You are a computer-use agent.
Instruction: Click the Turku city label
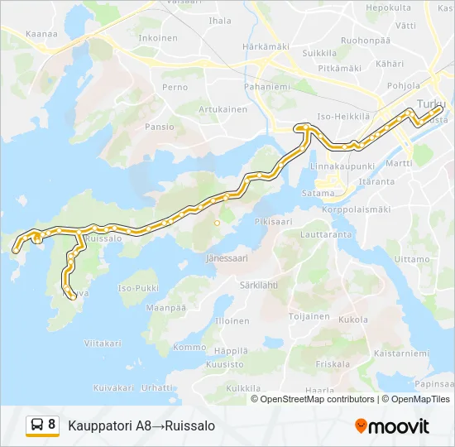tap(431, 103)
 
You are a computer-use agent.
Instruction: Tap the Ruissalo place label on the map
tap(104, 238)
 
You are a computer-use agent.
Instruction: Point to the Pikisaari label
tap(274, 222)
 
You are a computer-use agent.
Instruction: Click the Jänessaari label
tap(227, 258)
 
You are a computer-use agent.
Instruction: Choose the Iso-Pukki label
tap(138, 288)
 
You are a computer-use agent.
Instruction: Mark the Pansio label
tap(160, 127)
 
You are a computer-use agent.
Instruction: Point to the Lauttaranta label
tap(327, 235)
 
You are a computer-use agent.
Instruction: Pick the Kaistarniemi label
tap(401, 353)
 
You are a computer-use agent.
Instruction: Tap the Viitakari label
tap(103, 343)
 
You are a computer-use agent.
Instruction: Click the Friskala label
tap(333, 363)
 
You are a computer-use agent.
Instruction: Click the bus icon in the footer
tap(37, 425)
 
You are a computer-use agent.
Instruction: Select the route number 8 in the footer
tap(52, 425)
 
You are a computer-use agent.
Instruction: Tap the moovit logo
tap(392, 426)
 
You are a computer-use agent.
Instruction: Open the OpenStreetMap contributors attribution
tap(317, 399)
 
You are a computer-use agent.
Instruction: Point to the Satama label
tap(318, 194)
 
